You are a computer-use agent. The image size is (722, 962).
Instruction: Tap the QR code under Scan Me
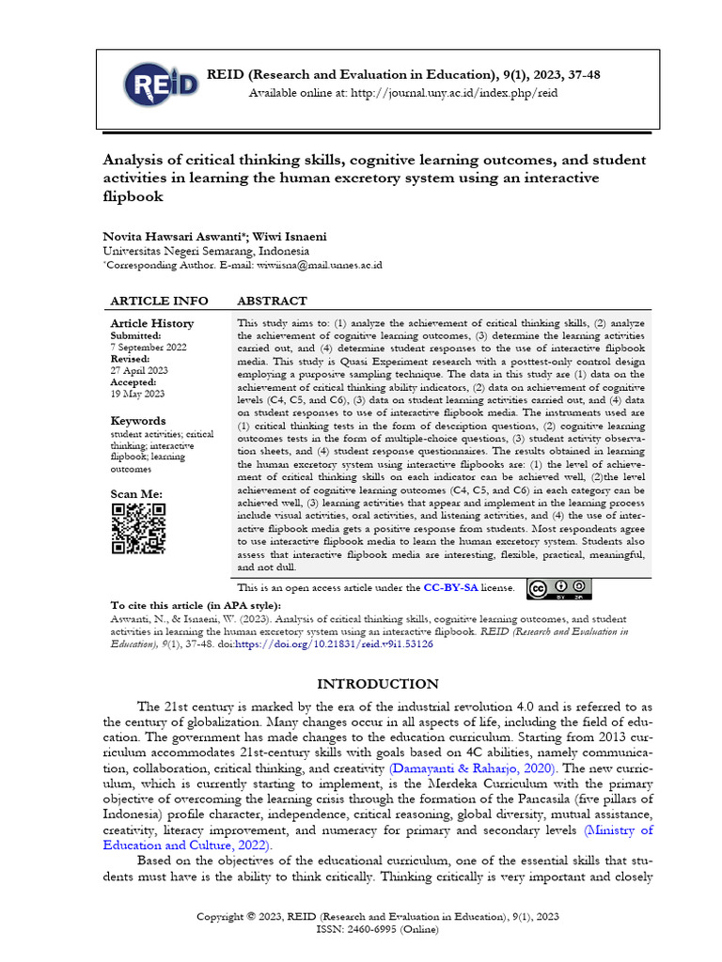138,529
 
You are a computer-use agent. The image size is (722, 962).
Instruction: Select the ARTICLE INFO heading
159,301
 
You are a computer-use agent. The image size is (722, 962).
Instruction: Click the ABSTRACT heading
272,301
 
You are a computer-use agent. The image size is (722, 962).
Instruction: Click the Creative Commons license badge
558,589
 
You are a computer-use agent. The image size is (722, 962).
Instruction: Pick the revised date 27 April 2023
139,371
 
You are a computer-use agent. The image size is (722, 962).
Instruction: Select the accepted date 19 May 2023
137,395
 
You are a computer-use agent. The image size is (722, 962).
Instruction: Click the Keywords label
138,421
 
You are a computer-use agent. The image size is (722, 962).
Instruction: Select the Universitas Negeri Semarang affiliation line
205,252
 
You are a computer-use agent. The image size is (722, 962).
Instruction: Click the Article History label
152,323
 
